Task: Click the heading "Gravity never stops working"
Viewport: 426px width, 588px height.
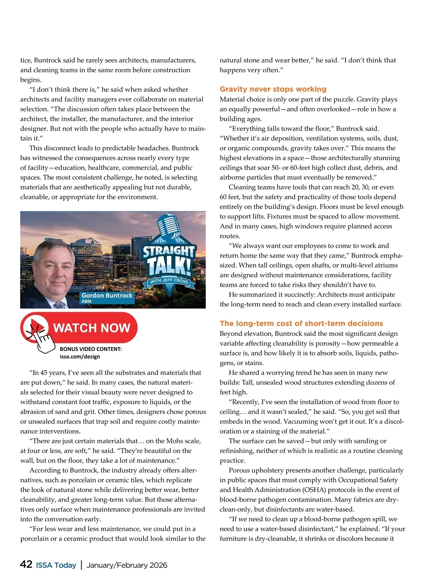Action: pyautogui.click(x=273, y=89)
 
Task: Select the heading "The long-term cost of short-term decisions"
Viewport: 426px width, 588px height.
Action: pyautogui.click(x=301, y=323)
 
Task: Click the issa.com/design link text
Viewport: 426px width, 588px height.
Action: pyautogui.click(x=80, y=357)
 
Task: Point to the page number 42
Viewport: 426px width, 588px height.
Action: pyautogui.click(x=26, y=564)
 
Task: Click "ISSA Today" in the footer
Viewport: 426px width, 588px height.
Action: pyautogui.click(x=56, y=565)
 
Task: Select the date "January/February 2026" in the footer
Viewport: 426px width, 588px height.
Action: pyautogui.click(x=127, y=565)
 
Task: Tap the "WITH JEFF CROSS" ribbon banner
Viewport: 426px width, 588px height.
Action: pyautogui.click(x=169, y=281)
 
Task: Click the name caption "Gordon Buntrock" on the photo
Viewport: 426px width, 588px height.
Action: pyautogui.click(x=107, y=295)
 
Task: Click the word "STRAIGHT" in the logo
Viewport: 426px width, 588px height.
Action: pyautogui.click(x=169, y=251)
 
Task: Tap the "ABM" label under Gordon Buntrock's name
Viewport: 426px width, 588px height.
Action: pyautogui.click(x=86, y=301)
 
